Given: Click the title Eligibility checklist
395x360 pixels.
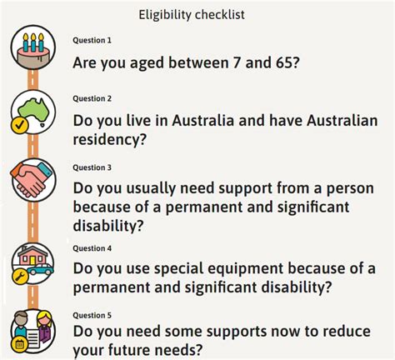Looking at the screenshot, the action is tap(192, 15).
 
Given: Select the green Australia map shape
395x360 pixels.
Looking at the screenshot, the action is tap(34, 109).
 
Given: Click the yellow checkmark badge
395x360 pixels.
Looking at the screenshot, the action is tap(19, 125).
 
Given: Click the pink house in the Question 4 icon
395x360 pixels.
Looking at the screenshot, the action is tap(32, 255).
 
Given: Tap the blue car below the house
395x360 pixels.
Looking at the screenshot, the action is tap(41, 269).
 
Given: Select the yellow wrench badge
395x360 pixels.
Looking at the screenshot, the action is tap(20, 277).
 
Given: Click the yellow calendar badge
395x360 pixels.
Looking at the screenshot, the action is tap(19, 345).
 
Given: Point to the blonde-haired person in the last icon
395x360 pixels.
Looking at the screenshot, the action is tap(44, 327).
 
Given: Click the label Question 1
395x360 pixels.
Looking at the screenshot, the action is tap(92, 40).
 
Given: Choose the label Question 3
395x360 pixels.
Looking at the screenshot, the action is tap(92, 167).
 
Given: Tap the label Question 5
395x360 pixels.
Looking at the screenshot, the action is tap(92, 315).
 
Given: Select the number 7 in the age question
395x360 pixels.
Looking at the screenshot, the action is tap(237, 62).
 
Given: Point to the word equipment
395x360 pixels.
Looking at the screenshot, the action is tap(219, 269).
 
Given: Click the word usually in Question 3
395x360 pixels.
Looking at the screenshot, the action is tap(151, 189).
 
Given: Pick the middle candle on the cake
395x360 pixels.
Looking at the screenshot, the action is tap(33, 42).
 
